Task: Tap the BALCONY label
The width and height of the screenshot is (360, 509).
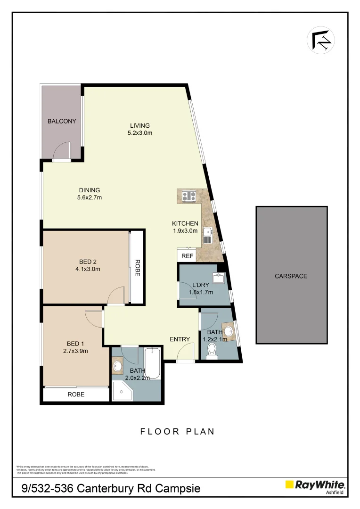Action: pyautogui.click(x=62, y=121)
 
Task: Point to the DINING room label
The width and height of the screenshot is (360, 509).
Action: pyautogui.click(x=90, y=190)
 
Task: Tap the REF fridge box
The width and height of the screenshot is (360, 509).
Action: pyautogui.click(x=187, y=256)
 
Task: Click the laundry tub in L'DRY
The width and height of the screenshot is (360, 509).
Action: pyautogui.click(x=218, y=278)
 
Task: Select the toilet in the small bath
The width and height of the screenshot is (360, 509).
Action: pyautogui.click(x=212, y=351)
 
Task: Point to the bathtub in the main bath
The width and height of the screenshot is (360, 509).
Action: pyautogui.click(x=152, y=363)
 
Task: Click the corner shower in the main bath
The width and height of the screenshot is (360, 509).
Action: pyautogui.click(x=122, y=391)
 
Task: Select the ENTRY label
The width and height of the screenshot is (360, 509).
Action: pyautogui.click(x=180, y=339)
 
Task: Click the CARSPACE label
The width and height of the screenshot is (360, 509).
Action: pyautogui.click(x=291, y=276)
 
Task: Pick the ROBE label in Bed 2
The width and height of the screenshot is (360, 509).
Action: pyautogui.click(x=137, y=268)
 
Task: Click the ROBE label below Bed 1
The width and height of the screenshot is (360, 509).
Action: pyautogui.click(x=76, y=394)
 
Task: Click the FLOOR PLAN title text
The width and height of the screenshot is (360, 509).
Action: pyautogui.click(x=178, y=431)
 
